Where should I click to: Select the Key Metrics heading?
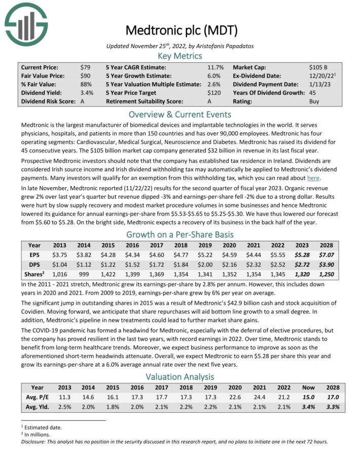point(180,56)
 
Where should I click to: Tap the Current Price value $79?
point(86,67)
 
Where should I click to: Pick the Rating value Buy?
point(314,101)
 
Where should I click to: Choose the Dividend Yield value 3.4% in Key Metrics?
point(87,93)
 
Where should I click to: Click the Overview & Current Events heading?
point(180,114)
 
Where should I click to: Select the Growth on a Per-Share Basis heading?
point(180,234)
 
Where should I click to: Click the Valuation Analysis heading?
point(180,376)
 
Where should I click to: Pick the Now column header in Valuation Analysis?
point(305,387)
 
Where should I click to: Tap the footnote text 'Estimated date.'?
point(41,427)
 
